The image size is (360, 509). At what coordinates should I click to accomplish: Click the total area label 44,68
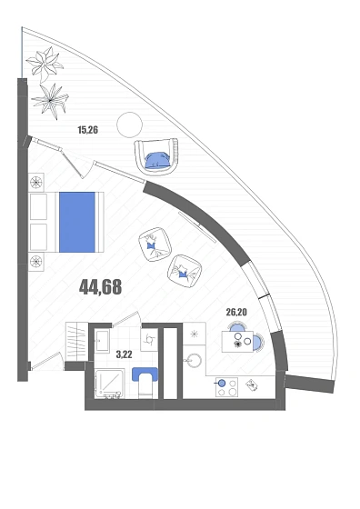coord(101,287)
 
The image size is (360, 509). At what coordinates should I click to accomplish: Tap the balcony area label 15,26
coord(87,130)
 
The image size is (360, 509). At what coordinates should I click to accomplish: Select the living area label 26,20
coord(236,313)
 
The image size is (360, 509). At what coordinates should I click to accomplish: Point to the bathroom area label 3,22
coord(125,354)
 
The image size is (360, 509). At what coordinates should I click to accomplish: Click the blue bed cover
coord(77,222)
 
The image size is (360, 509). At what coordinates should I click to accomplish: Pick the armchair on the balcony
coord(156,156)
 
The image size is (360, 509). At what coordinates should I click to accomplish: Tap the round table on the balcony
coord(129,125)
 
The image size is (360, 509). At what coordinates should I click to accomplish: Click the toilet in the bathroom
coord(145,382)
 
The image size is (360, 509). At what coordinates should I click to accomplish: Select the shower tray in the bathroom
coord(109,384)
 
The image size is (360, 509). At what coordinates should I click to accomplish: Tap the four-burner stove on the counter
coord(226,387)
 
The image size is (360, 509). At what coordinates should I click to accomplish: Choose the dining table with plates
coord(237,342)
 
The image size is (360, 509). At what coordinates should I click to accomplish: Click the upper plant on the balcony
coord(45,64)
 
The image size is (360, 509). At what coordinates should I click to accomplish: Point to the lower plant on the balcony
coord(50,101)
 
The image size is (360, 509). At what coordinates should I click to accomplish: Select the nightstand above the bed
coord(36,183)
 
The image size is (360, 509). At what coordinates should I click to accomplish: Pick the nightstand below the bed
coord(36,262)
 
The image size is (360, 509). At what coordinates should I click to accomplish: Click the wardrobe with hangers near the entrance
coord(77,341)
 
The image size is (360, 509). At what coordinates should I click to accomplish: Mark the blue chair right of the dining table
coord(258,342)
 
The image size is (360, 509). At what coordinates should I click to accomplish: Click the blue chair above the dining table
coord(237,327)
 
